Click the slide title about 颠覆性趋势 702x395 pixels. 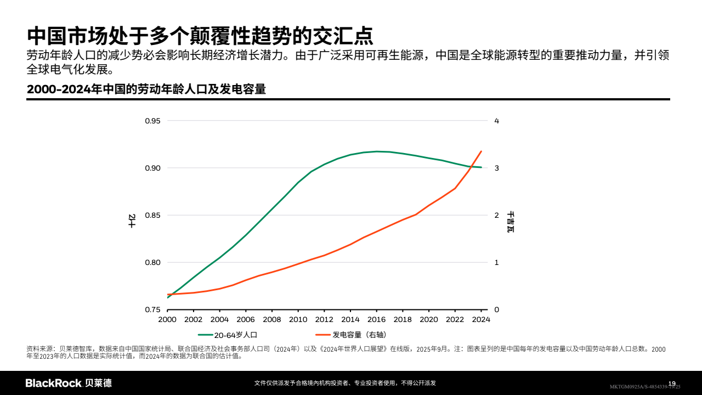pyautogui.click(x=200, y=36)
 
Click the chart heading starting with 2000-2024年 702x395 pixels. pyautogui.click(x=146, y=89)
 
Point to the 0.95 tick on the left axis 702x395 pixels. pyautogui.click(x=152, y=121)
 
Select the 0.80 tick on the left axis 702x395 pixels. pyautogui.click(x=152, y=262)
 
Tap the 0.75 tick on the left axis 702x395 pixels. pyautogui.click(x=152, y=309)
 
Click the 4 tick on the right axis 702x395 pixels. pyautogui.click(x=496, y=121)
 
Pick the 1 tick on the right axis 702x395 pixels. pyautogui.click(x=496, y=262)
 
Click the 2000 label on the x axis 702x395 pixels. pyautogui.click(x=167, y=319)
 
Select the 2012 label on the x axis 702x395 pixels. pyautogui.click(x=324, y=319)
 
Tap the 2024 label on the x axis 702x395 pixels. pyautogui.click(x=481, y=319)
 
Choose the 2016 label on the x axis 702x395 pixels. pyautogui.click(x=376, y=319)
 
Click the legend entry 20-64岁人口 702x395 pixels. pyautogui.click(x=235, y=334)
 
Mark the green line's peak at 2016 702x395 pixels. pyautogui.click(x=377, y=151)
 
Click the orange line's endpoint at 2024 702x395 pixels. pyautogui.click(x=481, y=151)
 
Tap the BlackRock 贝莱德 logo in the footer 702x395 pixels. pyautogui.click(x=69, y=383)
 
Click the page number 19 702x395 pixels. pyautogui.click(x=672, y=383)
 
